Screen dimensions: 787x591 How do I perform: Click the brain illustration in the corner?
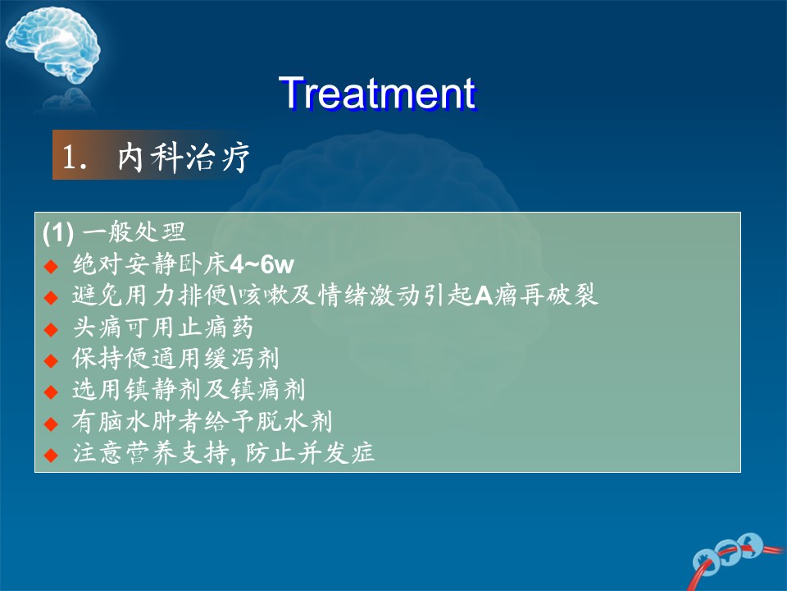point(53,45)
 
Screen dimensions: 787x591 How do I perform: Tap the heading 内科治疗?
point(184,157)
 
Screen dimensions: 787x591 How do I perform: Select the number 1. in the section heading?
point(75,157)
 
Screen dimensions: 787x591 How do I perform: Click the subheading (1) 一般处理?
point(115,231)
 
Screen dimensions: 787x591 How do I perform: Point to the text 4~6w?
point(262,264)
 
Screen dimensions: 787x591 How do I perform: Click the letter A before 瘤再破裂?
point(484,295)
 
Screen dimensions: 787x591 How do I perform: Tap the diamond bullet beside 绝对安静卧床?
point(51,266)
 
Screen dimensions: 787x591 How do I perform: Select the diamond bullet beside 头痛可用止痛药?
point(51,329)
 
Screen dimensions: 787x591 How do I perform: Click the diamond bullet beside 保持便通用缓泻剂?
point(51,360)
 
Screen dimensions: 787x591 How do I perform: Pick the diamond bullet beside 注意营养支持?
point(51,455)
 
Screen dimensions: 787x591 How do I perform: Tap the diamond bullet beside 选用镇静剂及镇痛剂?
point(51,392)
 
